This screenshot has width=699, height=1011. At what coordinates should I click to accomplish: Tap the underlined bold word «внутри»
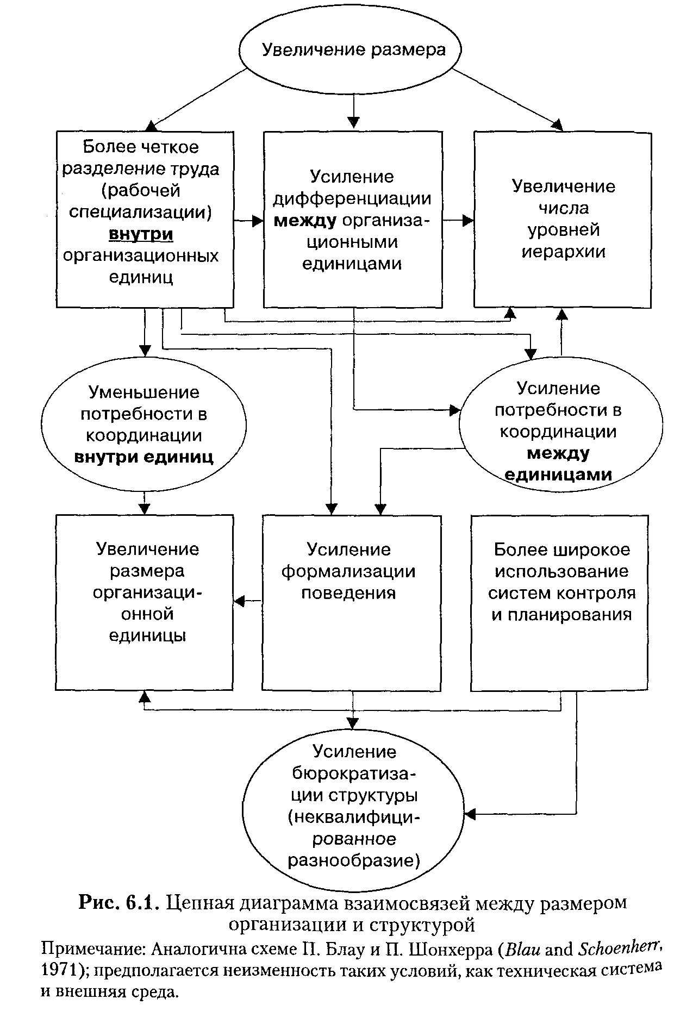coord(141,234)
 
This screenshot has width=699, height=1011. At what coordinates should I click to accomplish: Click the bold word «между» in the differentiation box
coord(304,221)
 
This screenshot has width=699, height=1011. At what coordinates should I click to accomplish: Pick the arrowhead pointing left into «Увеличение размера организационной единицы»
coord(240,601)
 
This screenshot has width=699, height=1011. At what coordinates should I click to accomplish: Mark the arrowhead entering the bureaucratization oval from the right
coord(471,814)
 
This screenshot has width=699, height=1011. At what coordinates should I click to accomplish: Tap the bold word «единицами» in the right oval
coord(558,474)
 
